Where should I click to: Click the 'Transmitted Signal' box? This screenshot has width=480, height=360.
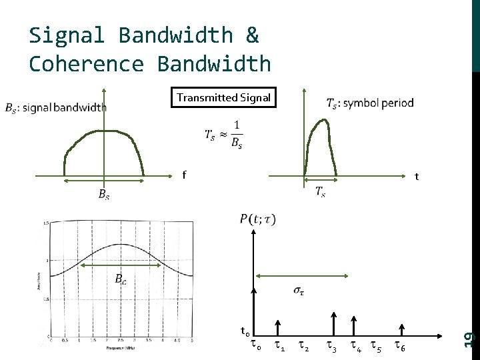pos(223,98)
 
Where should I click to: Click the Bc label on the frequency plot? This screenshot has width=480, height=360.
pos(120,279)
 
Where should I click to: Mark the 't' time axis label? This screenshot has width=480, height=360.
pos(417,177)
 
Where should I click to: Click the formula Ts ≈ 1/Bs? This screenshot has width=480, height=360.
pos(223,135)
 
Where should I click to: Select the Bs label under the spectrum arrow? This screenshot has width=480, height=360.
pos(104,195)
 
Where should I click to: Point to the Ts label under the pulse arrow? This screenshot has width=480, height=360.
pos(321,193)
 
